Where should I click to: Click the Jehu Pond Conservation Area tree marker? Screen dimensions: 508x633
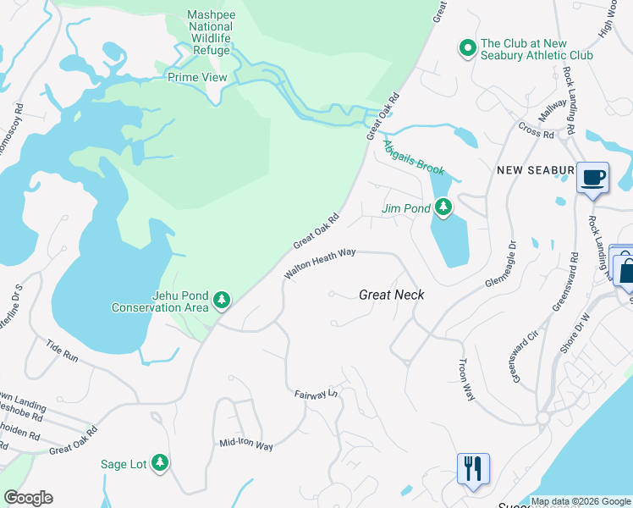pos(222,300)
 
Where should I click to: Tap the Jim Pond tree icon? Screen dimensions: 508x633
pos(443,207)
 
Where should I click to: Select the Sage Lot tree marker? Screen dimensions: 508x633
pos(159,463)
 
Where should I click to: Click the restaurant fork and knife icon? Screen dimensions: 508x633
pos(473,468)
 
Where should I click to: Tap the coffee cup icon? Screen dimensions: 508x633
pos(592,178)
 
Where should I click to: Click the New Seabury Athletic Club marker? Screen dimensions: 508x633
pos(466,49)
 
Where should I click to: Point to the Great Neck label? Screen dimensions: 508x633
pos(391,295)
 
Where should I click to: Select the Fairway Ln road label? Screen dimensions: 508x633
pos(316,394)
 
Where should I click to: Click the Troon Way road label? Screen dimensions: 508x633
pos(465,378)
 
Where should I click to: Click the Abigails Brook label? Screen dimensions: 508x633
pos(414,157)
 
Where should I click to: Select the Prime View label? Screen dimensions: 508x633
pos(197,77)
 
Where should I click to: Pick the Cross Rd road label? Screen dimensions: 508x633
pos(536,134)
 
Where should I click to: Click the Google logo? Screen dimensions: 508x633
pos(28,498)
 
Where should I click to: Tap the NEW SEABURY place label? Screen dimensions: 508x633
pos(535,170)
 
